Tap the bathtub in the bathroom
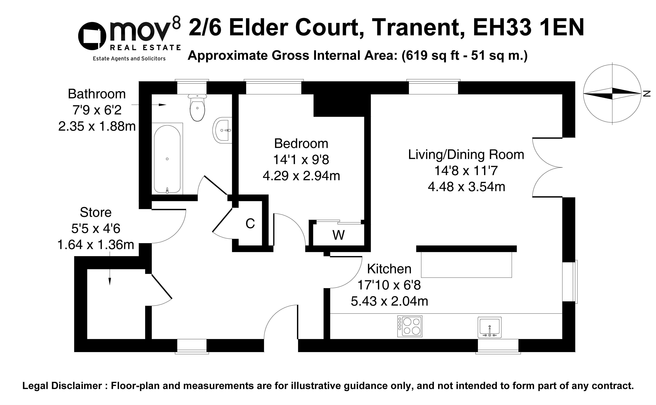point(167,159)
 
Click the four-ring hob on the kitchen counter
point(410,326)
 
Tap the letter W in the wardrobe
point(339,235)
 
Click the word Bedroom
point(301,144)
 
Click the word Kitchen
point(389,269)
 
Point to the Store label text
point(96,212)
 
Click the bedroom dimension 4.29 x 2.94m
point(301,176)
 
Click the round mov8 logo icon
point(92,36)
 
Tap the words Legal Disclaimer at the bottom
point(62,386)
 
